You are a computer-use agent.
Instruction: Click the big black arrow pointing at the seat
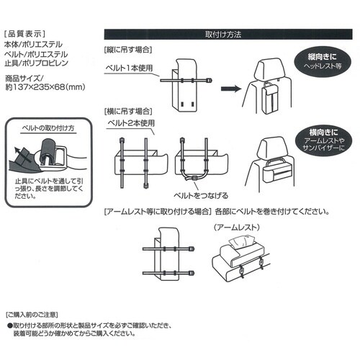pyautogui.click(x=228, y=90)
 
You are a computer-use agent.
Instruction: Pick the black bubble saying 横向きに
pyautogui.click(x=325, y=143)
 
